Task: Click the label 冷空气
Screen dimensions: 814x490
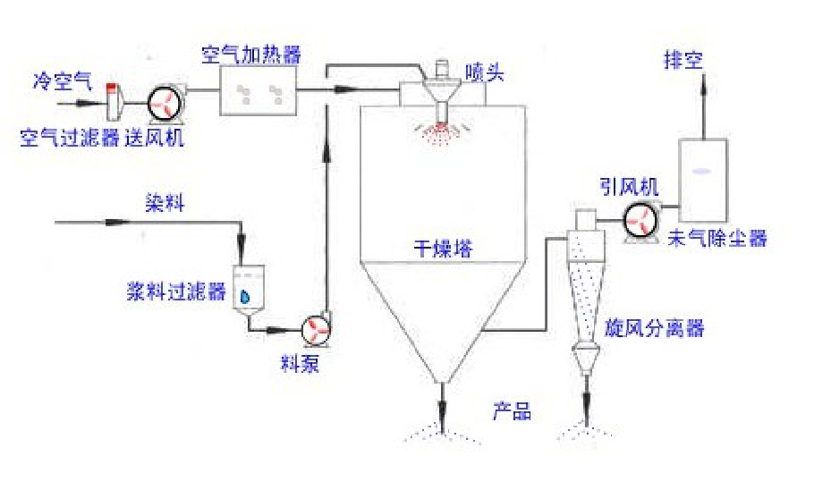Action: tap(63, 80)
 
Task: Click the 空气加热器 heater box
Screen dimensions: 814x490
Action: tap(259, 90)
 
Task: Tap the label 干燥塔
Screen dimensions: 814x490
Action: tap(444, 248)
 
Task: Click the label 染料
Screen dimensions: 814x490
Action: tap(165, 203)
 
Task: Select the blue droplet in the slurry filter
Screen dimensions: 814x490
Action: tap(244, 296)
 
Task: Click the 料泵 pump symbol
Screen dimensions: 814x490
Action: tap(316, 329)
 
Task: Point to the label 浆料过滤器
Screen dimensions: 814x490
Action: tap(176, 291)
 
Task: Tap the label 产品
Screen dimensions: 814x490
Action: tap(512, 410)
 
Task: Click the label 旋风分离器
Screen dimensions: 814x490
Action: tap(654, 328)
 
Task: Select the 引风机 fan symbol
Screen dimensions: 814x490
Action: tap(640, 222)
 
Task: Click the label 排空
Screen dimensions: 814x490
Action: tap(683, 60)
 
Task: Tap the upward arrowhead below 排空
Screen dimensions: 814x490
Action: tap(704, 83)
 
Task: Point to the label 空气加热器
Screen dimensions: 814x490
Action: tap(251, 54)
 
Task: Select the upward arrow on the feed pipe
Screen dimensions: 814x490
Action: tap(326, 153)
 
